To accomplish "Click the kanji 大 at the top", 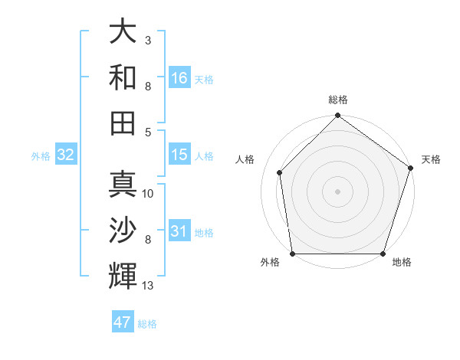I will coord(123,32).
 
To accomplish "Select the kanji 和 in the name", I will coord(123,77).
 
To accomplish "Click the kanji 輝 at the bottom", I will coord(123,274).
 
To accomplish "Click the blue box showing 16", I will coord(179,77).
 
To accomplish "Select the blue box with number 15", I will coord(179,155).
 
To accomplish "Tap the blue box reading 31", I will coord(179,232).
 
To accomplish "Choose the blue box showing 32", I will coord(66,155).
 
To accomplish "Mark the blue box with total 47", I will coord(123,322).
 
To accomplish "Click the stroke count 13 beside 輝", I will coord(148,286).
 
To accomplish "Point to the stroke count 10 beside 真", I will coord(148,194).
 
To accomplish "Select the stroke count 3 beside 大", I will coord(148,40).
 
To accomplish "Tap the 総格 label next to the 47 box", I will coord(148,324).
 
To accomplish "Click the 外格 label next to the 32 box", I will coord(41,156).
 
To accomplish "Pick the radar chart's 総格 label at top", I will coord(338,100).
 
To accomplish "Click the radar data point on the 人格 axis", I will coord(280,172).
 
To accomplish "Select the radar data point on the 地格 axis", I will coord(383,254).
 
